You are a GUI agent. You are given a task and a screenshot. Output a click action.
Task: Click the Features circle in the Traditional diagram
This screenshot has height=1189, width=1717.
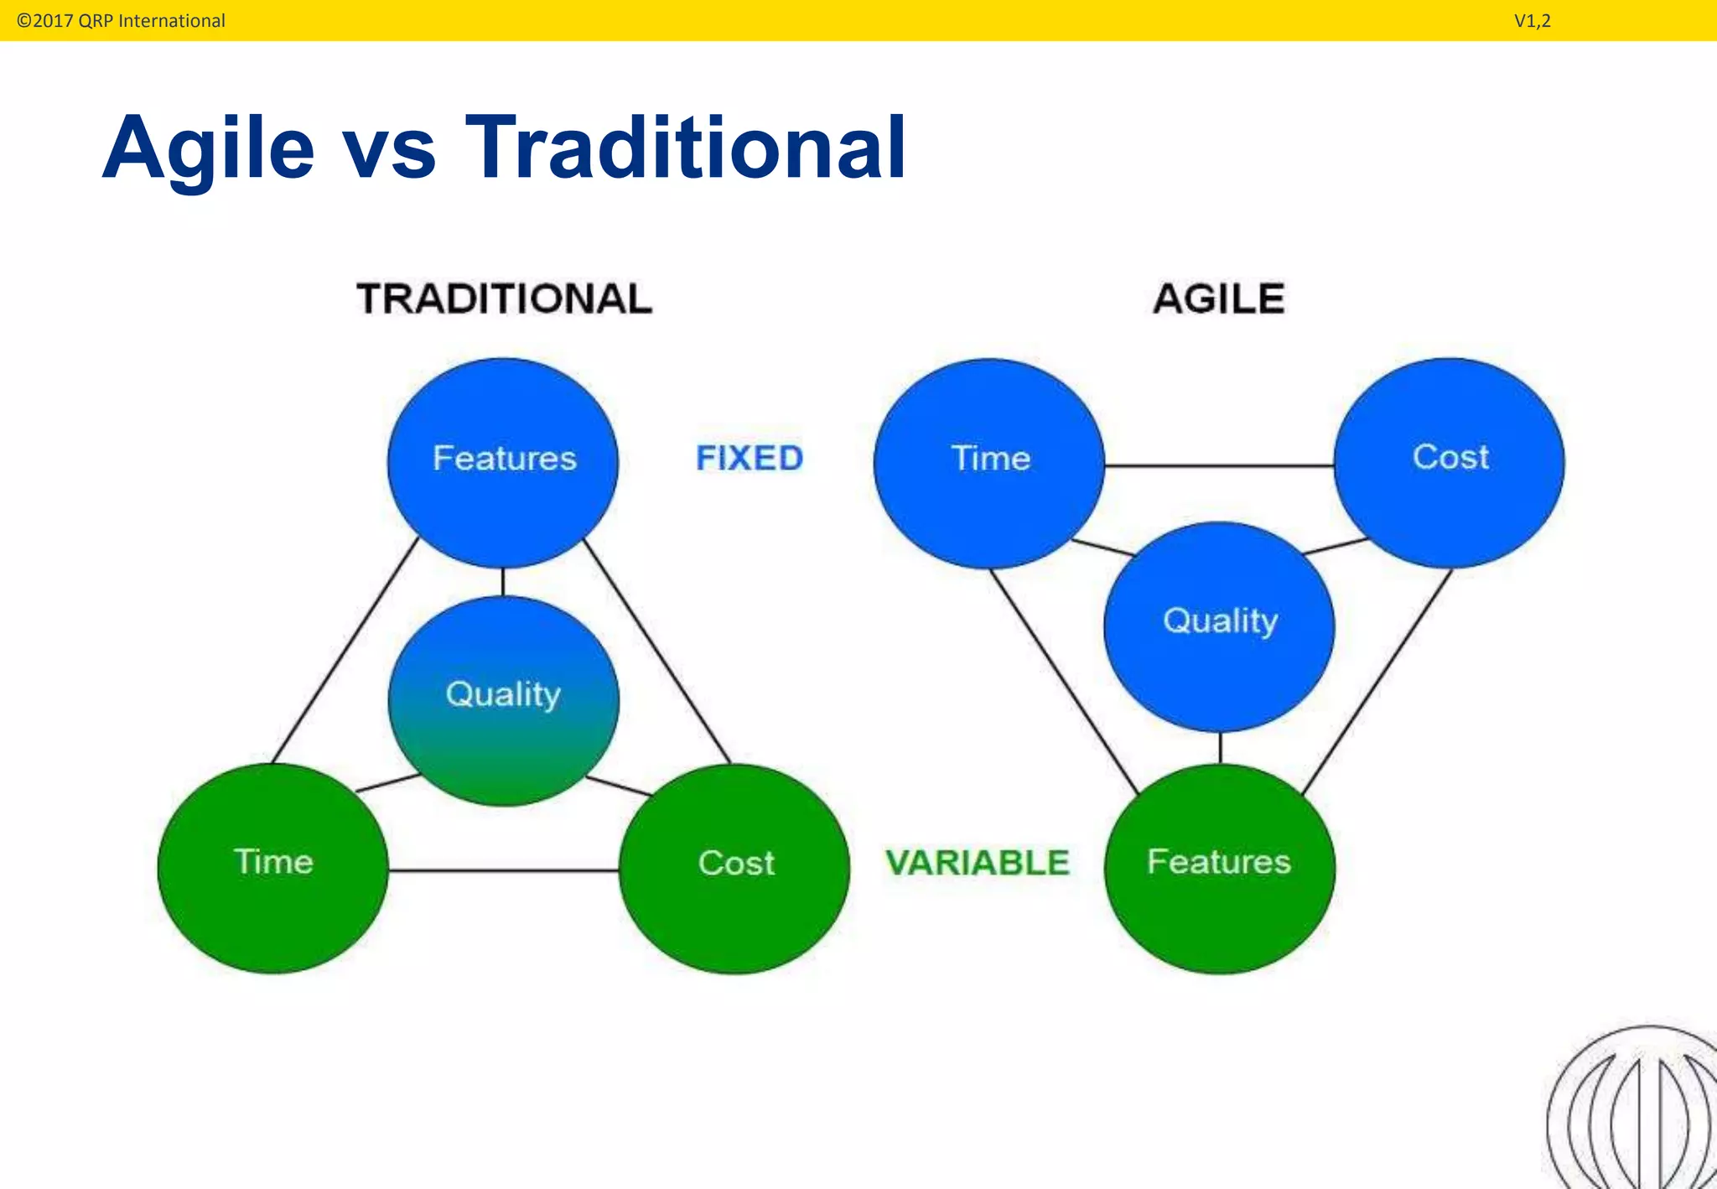pos(503,463)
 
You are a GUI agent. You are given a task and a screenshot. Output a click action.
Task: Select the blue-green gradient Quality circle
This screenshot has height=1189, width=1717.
pos(503,701)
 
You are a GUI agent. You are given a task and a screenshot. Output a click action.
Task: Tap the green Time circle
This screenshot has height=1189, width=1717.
pos(273,869)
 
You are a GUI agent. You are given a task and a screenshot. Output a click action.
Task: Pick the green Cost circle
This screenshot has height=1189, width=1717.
pos(734,869)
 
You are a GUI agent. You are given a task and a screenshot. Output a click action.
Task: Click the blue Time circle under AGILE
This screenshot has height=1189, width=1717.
pos(989,463)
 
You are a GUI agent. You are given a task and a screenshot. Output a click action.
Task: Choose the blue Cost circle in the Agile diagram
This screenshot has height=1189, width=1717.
pos(1449,463)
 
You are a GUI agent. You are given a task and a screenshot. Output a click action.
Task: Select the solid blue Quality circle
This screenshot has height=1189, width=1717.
pos(1219,626)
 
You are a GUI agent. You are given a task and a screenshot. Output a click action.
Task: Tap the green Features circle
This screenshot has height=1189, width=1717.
pos(1219,869)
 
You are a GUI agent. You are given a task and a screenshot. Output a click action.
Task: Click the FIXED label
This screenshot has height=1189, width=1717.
pos(750,459)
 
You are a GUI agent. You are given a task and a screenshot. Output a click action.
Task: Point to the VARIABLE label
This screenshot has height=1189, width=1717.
pos(978,863)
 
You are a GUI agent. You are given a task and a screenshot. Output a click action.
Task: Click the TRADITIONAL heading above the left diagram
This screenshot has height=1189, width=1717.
pos(504,299)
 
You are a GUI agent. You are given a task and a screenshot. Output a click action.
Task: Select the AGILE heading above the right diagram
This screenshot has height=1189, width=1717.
pos(1218,299)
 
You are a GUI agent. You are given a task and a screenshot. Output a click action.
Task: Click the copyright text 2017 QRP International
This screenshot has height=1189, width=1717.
pos(122,21)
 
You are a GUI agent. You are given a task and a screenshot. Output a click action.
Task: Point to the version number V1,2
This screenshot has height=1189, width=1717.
pos(1532,21)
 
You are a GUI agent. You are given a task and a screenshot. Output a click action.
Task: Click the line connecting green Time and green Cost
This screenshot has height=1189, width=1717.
pos(503,870)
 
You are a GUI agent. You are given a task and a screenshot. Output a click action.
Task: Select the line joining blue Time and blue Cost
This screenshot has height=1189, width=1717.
pos(1219,465)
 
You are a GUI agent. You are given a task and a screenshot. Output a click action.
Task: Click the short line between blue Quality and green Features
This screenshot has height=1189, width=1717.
pos(1220,748)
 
